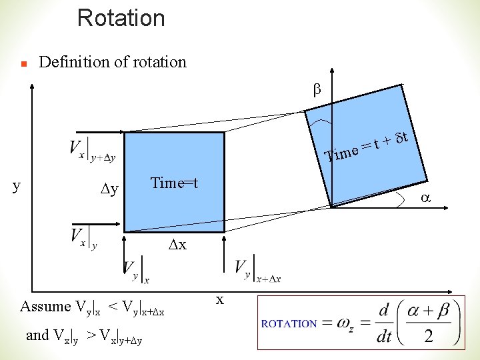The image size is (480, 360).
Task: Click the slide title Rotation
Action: tap(121, 17)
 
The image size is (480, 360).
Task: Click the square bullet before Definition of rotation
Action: tap(23, 65)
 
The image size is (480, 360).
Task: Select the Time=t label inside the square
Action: tap(174, 183)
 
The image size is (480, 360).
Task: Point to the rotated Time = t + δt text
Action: tap(366, 147)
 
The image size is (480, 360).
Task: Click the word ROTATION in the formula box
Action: tap(289, 324)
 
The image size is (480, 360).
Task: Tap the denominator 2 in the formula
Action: tap(428, 336)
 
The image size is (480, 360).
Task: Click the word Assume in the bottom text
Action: tap(45, 307)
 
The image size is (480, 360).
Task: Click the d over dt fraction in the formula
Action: tap(383, 324)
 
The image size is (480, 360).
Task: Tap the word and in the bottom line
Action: tap(37, 335)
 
